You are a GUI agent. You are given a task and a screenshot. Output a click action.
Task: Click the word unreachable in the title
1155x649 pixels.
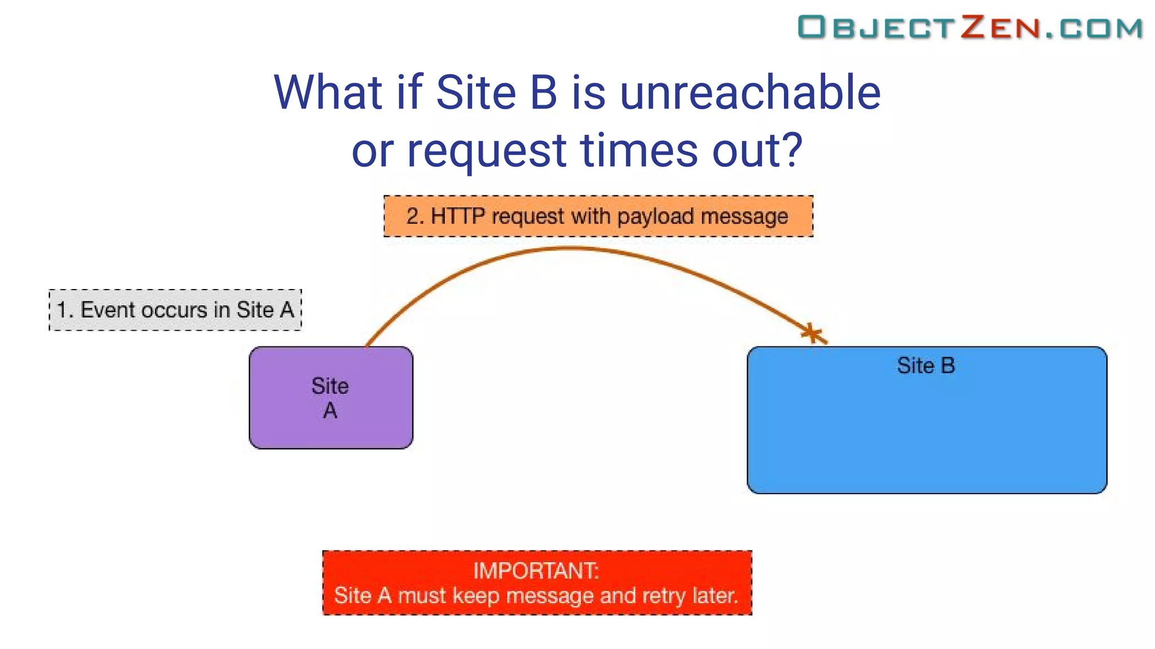pyautogui.click(x=750, y=93)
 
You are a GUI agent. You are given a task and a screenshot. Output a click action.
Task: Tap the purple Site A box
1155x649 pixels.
pyautogui.click(x=331, y=398)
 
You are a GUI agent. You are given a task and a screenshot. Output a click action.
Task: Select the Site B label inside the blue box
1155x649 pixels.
pyautogui.click(x=925, y=366)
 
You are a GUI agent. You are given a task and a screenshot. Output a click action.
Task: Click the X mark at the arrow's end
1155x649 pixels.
pyautogui.click(x=812, y=334)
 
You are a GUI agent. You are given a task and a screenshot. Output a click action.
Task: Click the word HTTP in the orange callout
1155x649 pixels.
pyautogui.click(x=457, y=216)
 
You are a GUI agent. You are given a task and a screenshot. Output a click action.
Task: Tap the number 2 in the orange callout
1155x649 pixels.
pyautogui.click(x=413, y=216)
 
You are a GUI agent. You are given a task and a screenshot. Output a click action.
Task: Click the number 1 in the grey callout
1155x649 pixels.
pyautogui.click(x=63, y=310)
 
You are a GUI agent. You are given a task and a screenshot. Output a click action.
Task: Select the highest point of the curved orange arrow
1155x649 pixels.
pyautogui.click(x=570, y=248)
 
